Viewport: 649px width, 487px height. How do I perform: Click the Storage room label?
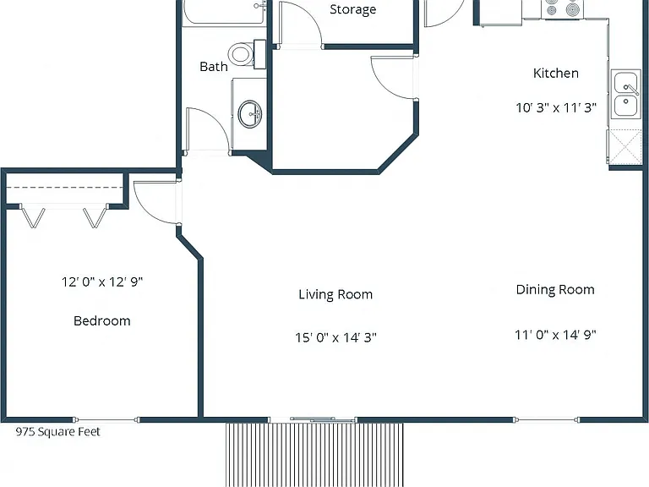352,9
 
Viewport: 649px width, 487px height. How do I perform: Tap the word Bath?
214,66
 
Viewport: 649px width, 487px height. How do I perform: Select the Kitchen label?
555,73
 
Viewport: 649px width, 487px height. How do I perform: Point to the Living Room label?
335,294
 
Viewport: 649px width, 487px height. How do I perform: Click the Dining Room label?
555,289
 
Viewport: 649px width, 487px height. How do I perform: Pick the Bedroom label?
101,320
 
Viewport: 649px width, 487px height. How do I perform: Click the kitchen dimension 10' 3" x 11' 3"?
556,107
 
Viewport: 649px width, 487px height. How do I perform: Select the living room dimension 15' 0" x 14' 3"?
335,337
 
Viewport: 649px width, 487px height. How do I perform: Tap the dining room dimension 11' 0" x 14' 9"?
555,335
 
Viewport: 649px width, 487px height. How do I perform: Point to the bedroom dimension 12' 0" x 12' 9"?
102,282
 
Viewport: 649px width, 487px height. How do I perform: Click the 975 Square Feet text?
58,432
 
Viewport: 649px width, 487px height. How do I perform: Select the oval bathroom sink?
250,114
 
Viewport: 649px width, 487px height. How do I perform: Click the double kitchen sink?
626,94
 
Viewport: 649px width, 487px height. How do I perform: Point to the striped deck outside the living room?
314,455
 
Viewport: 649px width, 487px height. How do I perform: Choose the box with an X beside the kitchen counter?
625,146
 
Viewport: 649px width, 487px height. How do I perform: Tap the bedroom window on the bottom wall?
106,419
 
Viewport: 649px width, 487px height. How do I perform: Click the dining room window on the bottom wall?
547,419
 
